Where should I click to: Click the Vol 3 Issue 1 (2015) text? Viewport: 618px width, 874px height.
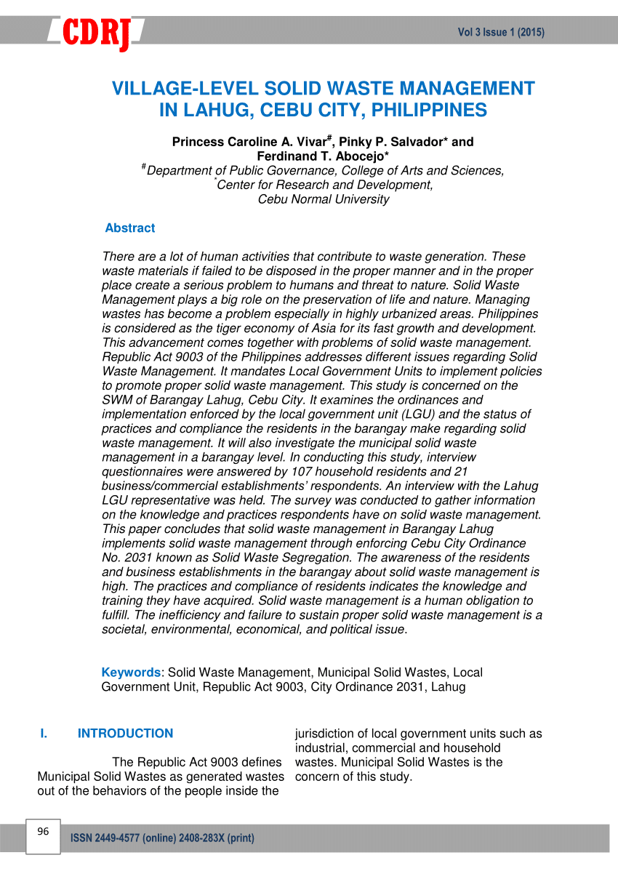501,32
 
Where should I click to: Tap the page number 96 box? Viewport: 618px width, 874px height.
43,832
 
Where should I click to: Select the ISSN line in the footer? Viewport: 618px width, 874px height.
162,838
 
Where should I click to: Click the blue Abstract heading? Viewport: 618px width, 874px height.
129,228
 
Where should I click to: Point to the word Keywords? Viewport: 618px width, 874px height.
131,673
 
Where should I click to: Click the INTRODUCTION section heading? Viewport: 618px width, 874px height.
125,734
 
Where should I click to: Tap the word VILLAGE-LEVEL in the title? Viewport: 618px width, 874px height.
185,89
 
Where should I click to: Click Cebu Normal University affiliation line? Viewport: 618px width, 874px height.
324,199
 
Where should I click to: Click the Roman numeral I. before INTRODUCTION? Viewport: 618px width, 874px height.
44,734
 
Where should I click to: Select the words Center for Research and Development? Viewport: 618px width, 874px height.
325,185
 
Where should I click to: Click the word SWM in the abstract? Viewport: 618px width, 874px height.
116,400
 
